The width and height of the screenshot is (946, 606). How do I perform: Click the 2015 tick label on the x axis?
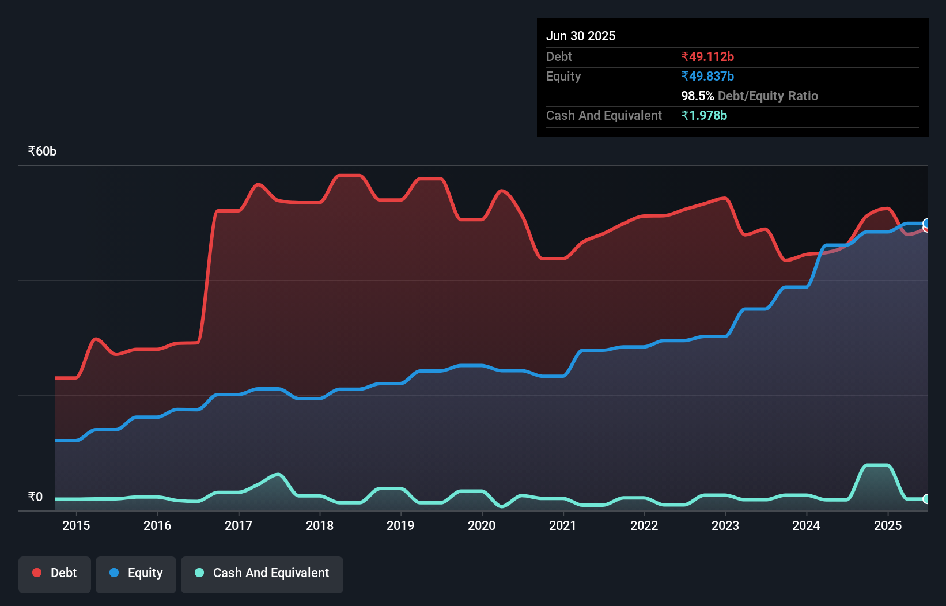[x=76, y=525]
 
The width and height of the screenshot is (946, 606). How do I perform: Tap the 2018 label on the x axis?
[x=320, y=525]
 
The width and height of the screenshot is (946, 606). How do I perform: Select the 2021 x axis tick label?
[x=563, y=525]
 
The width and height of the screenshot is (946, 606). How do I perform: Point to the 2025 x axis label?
[x=888, y=525]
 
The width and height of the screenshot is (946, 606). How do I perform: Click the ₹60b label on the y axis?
[x=42, y=151]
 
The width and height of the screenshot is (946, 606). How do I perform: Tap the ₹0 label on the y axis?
[x=35, y=497]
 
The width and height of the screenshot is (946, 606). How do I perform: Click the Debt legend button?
[x=55, y=573]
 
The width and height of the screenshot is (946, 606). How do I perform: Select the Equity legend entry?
[x=136, y=573]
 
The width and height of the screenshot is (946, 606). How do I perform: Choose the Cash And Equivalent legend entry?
[x=262, y=573]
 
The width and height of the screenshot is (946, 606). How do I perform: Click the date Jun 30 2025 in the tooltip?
[x=581, y=36]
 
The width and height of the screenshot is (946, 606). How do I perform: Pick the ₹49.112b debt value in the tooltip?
[x=707, y=56]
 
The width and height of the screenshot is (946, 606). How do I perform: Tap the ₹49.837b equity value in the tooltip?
[x=707, y=76]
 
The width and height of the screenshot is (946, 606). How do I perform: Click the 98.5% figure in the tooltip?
[x=697, y=96]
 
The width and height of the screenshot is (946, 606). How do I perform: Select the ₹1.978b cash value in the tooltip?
[x=704, y=115]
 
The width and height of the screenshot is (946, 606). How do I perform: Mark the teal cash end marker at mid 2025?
[x=926, y=499]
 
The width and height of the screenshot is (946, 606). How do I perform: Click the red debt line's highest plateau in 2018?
[x=349, y=175]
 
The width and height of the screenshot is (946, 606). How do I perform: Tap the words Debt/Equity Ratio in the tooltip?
[x=767, y=96]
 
